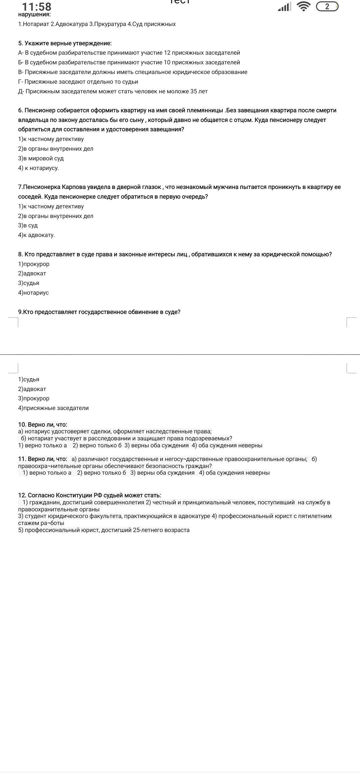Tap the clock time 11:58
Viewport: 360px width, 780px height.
[37, 7]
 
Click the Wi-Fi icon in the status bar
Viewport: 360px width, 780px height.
[303, 6]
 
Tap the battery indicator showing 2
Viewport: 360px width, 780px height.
[327, 6]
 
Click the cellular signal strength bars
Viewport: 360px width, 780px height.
[284, 7]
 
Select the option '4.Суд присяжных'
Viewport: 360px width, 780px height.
[152, 24]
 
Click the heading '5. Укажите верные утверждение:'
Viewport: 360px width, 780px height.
[65, 43]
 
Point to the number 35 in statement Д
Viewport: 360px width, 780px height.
[194, 91]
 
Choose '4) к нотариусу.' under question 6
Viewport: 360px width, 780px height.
[38, 168]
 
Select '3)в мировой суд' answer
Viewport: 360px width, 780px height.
[41, 158]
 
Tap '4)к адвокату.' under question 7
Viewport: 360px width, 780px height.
[36, 235]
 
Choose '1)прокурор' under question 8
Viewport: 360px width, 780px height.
[34, 264]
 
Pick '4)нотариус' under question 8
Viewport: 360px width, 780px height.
[33, 293]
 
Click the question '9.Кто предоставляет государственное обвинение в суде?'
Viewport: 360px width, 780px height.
[99, 312]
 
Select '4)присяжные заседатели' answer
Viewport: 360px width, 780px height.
[53, 408]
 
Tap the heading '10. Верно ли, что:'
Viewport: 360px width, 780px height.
[42, 425]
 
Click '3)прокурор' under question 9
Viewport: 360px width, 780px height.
[34, 398]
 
